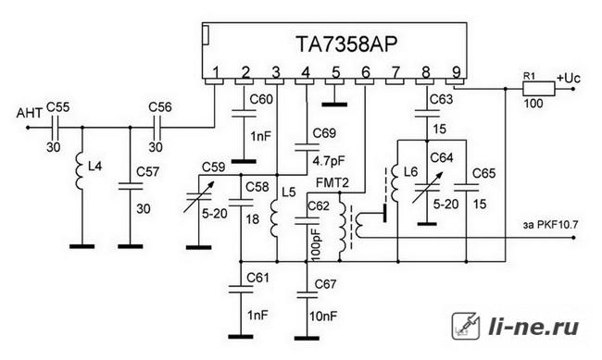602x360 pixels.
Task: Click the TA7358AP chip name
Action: pos(346,43)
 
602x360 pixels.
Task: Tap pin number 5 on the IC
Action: pos(335,72)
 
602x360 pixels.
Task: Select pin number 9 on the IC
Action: pos(456,72)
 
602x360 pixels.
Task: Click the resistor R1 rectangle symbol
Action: pos(538,89)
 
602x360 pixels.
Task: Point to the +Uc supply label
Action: pos(569,79)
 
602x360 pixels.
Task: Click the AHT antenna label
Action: pos(30,113)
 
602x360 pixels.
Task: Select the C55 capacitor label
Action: pos(58,107)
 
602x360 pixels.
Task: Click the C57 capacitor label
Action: pos(148,171)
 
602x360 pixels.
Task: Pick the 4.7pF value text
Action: pos(328,161)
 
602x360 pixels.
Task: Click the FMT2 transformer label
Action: pos(332,182)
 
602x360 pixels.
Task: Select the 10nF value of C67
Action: pos(323,317)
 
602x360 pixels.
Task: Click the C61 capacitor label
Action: pos(258,278)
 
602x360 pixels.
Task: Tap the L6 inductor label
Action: pos(410,171)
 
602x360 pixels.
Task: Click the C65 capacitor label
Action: pos(483,173)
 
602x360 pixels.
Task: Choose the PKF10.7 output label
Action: pos(558,225)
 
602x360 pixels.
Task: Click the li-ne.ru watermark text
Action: pos(533,328)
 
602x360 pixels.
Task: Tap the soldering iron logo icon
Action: pos(466,326)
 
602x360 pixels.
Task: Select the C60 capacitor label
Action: pos(261,99)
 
